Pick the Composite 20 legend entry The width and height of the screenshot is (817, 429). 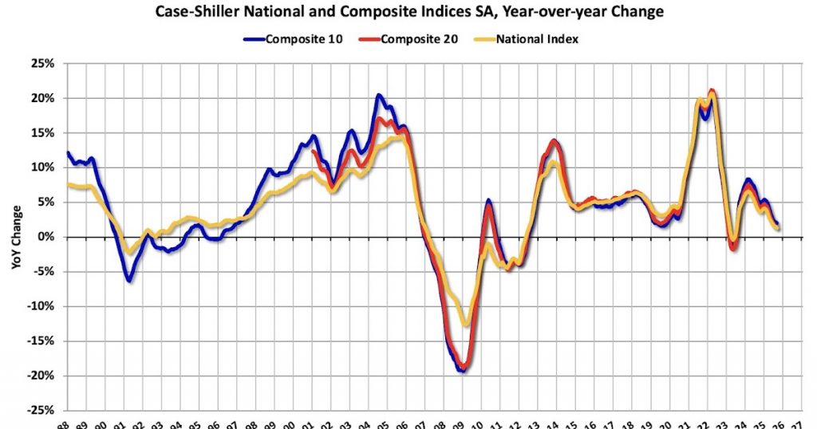click(414, 38)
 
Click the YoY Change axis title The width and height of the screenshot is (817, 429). click(16, 237)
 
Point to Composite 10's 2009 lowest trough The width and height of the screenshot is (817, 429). click(461, 371)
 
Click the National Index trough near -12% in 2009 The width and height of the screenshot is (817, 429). click(466, 325)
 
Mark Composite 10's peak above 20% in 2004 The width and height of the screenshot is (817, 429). click(379, 96)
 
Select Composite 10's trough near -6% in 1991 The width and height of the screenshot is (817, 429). click(129, 281)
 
